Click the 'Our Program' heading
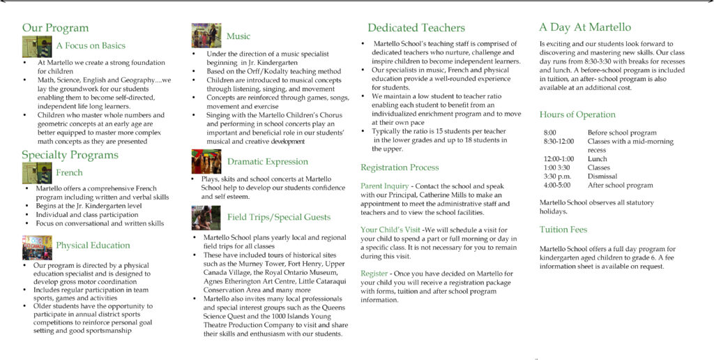(55, 28)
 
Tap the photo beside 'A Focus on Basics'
(37, 46)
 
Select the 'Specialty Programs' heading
(70, 155)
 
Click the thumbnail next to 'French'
(37, 172)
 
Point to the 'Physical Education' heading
(93, 246)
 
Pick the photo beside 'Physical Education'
(37, 248)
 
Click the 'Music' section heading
(238, 36)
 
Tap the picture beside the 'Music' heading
(206, 36)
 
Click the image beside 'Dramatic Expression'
(206, 162)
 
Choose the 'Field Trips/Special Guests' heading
(279, 218)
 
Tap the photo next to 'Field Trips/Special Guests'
(206, 218)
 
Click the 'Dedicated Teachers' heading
(416, 28)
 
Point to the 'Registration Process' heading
(400, 167)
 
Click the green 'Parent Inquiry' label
(384, 186)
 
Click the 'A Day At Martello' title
(584, 28)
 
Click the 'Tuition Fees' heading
(563, 230)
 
